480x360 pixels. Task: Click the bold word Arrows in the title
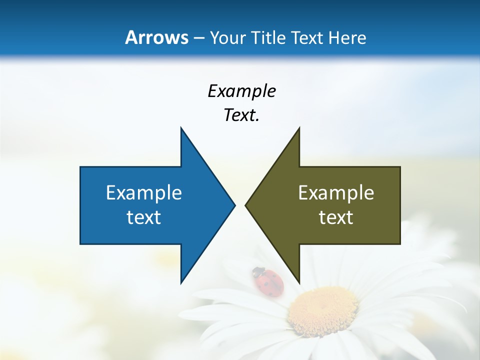pos(156,37)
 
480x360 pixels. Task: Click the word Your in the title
pos(227,37)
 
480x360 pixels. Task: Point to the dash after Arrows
pos(198,38)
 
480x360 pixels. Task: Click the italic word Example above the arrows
pos(241,91)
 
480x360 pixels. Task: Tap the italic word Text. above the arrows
pos(241,115)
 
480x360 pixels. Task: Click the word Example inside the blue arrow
pos(144,192)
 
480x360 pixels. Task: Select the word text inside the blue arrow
pos(144,217)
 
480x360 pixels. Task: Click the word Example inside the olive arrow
pos(336,192)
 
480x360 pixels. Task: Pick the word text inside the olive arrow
pos(336,217)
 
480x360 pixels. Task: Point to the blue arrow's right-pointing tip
pos(234,205)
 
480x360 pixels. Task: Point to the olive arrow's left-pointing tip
pos(246,205)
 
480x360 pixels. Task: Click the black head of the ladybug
pos(258,272)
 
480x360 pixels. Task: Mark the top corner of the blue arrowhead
pos(181,128)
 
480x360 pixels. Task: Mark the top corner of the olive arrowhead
pos(299,128)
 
